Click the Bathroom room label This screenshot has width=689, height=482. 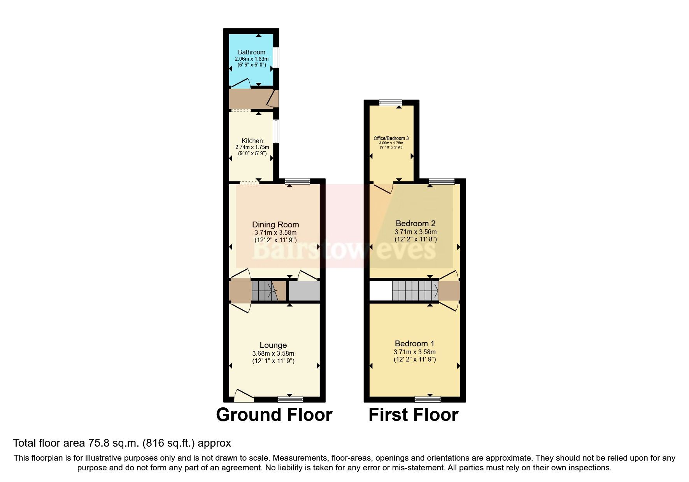pyautogui.click(x=251, y=52)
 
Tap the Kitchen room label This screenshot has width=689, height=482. pyautogui.click(x=252, y=141)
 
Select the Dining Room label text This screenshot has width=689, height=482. pyautogui.click(x=275, y=224)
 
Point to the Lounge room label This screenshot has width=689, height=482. pyautogui.click(x=273, y=345)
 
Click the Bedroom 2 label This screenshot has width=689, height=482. pyautogui.click(x=416, y=224)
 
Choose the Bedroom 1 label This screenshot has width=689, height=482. pyautogui.click(x=414, y=344)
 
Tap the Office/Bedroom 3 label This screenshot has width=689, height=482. pyautogui.click(x=391, y=138)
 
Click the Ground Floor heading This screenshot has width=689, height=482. pyautogui.click(x=274, y=415)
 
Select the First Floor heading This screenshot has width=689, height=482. pyautogui.click(x=413, y=415)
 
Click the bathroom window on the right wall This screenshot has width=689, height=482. pyautogui.click(x=276, y=58)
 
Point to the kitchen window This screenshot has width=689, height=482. pyautogui.click(x=276, y=131)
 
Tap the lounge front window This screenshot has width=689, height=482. pyautogui.click(x=290, y=399)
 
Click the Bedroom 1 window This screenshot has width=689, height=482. pyautogui.click(x=428, y=399)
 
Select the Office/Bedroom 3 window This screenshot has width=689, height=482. pyautogui.click(x=391, y=103)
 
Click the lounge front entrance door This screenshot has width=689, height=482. pyautogui.click(x=244, y=396)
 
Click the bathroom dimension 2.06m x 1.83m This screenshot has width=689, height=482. pyautogui.click(x=251, y=59)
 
